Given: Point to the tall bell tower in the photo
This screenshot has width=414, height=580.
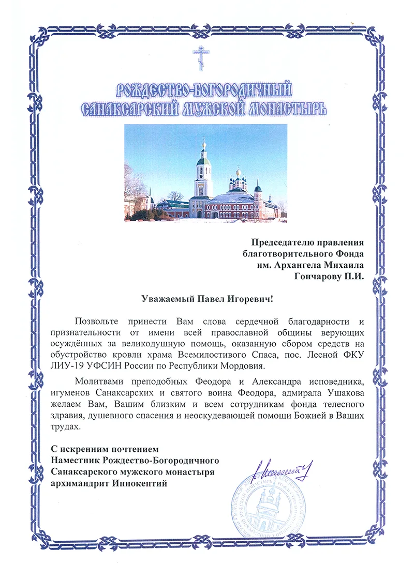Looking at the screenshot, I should pyautogui.click(x=203, y=176).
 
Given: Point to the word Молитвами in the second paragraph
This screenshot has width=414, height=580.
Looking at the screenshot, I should pyautogui.click(x=98, y=382).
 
